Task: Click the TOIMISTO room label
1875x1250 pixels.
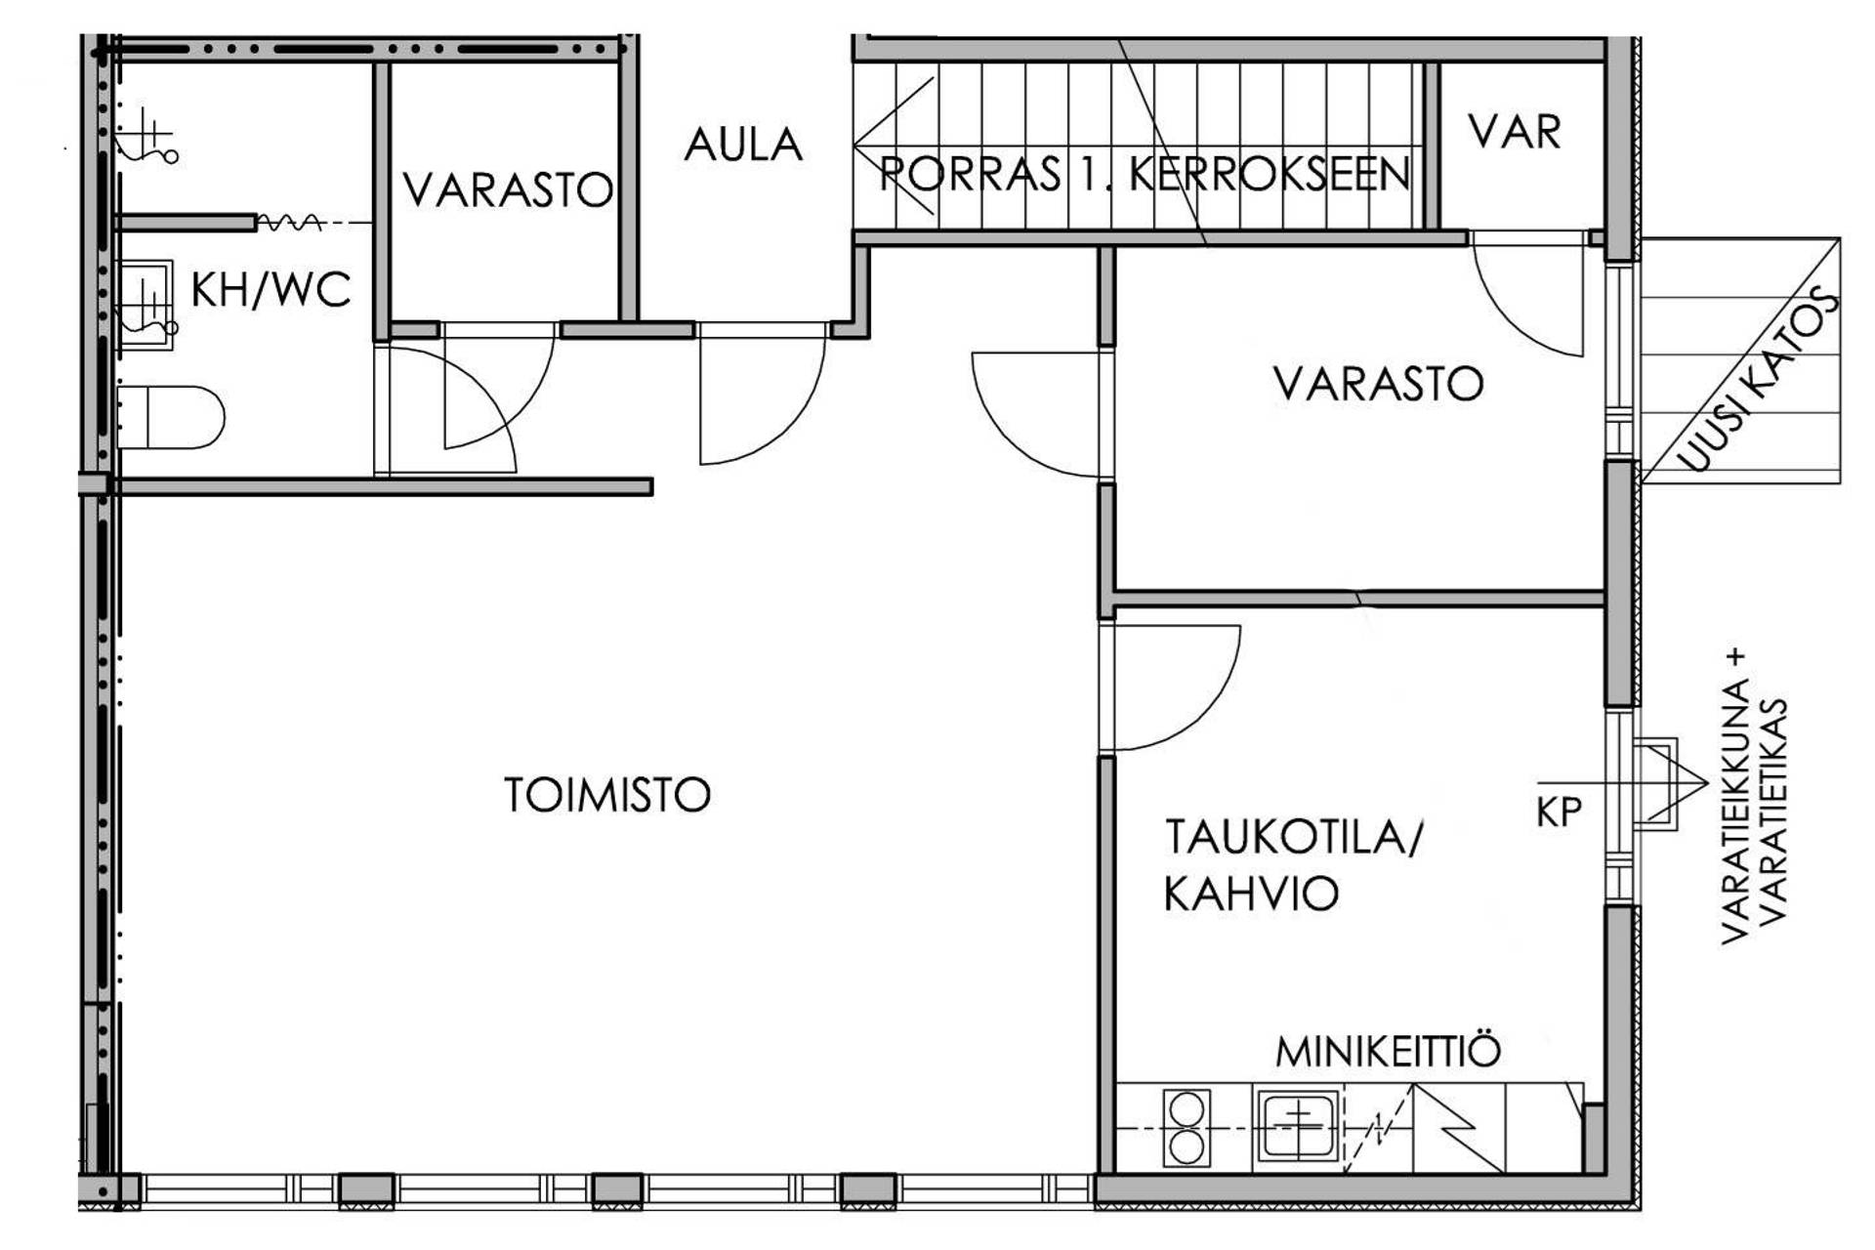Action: coord(606,795)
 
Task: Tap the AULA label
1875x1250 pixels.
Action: coord(743,146)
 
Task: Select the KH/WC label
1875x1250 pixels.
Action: coord(271,290)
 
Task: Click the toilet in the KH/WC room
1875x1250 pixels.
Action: coord(171,417)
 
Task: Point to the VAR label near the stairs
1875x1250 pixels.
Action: coord(1515,132)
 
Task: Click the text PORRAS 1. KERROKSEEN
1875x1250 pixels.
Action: coord(1145,175)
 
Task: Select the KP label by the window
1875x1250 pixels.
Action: coord(1558,812)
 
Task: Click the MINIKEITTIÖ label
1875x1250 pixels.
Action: coord(1388,1052)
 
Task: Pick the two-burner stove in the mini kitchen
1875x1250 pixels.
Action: coord(1187,1129)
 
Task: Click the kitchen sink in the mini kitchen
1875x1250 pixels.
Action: coord(1297,1127)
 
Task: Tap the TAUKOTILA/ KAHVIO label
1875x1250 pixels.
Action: coord(1292,865)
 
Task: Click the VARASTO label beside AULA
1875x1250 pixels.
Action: coord(508,190)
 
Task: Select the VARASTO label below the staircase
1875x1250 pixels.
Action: coord(1378,384)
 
